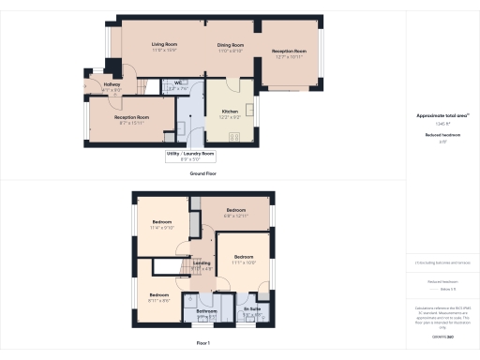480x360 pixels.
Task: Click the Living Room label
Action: (x=165, y=45)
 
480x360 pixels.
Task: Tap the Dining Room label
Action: (x=231, y=45)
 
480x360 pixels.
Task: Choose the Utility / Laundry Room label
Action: (x=190, y=153)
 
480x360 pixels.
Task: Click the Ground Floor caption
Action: (x=203, y=173)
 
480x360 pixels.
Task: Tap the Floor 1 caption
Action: (x=202, y=344)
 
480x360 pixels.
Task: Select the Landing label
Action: (x=202, y=263)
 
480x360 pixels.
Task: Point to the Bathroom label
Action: (x=206, y=310)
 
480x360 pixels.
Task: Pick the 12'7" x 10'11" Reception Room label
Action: (x=289, y=51)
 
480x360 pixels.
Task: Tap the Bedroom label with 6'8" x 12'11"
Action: (x=234, y=210)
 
